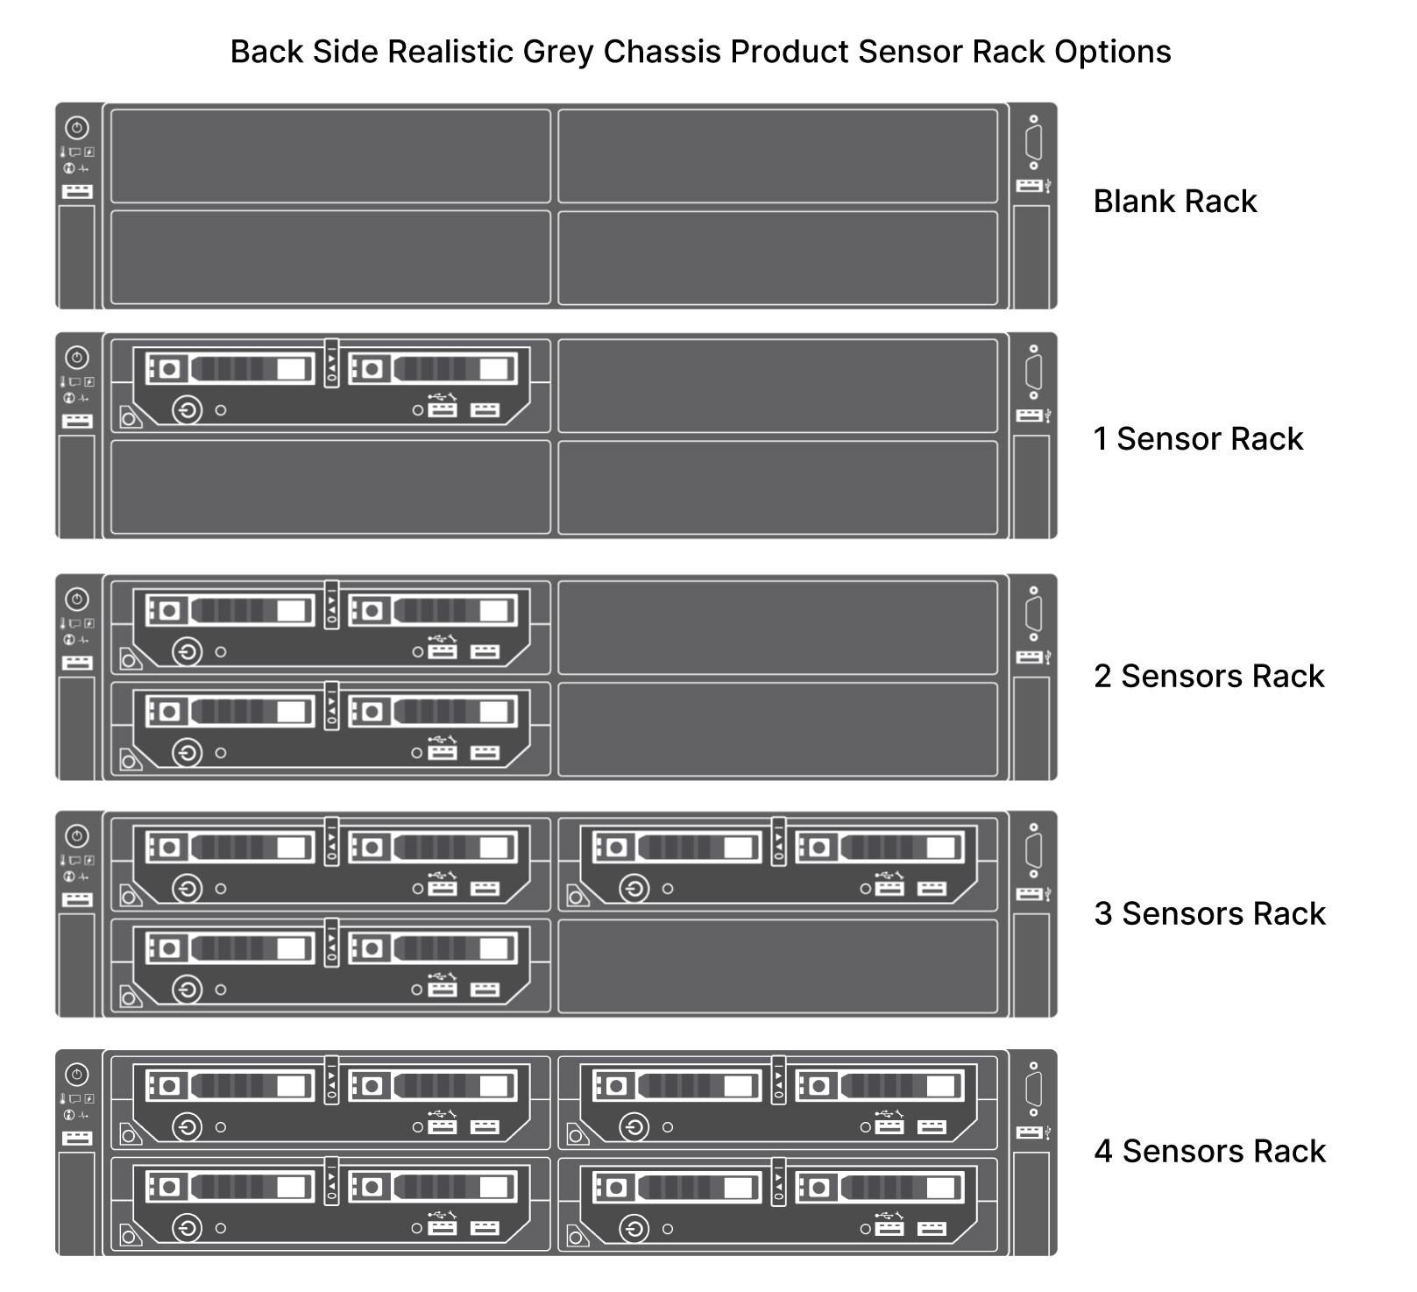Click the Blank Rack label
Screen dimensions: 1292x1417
tap(1174, 202)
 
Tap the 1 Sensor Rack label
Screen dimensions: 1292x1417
tap(1198, 438)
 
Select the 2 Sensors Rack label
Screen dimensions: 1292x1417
tap(1208, 676)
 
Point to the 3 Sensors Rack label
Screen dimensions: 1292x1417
tap(1209, 913)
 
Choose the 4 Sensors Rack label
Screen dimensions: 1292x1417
tap(1209, 1151)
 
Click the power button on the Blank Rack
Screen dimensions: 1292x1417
tap(77, 128)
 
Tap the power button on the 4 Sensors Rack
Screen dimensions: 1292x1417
tap(77, 1075)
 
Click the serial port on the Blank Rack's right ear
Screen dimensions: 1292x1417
tap(1033, 142)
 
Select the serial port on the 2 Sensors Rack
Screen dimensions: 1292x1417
tap(1033, 614)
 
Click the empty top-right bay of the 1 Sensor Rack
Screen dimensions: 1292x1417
tap(777, 386)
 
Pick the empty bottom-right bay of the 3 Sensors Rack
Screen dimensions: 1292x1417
tap(777, 966)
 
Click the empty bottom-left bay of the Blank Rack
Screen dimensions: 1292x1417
tap(330, 258)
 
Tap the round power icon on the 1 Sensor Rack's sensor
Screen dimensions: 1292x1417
tap(187, 409)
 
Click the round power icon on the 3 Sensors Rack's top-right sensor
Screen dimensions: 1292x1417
tap(634, 889)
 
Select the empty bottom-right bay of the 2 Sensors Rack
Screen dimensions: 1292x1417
tap(777, 729)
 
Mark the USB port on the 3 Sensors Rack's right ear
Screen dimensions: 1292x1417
tap(1030, 894)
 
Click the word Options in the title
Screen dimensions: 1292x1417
tap(1112, 52)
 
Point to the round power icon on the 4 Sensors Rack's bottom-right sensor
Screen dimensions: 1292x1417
tap(634, 1228)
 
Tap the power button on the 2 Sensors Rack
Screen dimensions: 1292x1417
tap(77, 600)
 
